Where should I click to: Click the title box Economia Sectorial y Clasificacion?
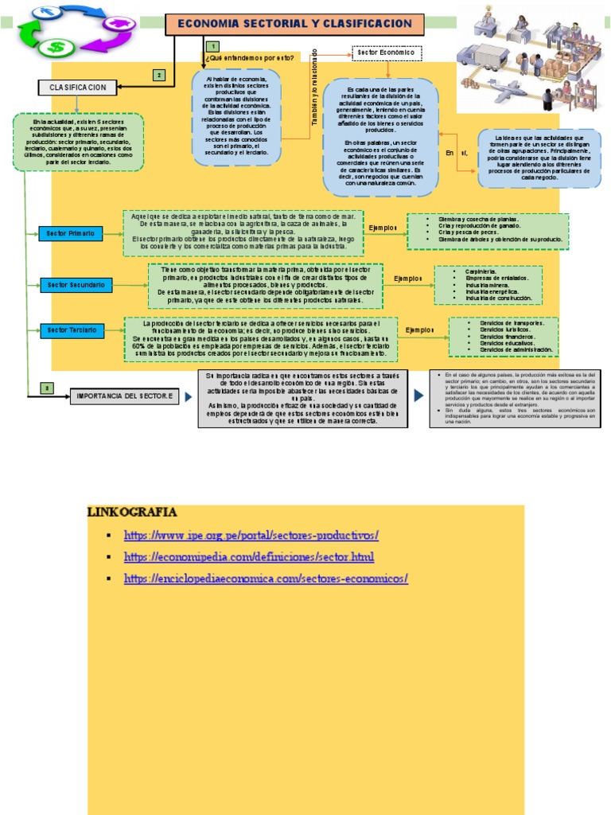(295, 25)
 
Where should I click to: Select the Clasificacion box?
(78, 87)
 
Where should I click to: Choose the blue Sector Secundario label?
(75, 284)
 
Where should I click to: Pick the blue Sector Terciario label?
(72, 330)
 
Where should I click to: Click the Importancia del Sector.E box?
(123, 396)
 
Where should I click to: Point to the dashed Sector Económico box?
(387, 53)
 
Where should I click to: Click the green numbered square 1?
(214, 49)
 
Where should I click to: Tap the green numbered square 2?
(159, 76)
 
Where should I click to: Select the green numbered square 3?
(47, 388)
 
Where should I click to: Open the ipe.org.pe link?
(262, 535)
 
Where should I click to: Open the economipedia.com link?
(249, 556)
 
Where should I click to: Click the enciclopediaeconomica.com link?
(266, 579)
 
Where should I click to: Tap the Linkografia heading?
(132, 511)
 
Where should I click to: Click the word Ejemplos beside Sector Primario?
(383, 228)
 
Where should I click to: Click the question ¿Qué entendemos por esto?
(239, 58)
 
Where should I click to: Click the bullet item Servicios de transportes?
(512, 323)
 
